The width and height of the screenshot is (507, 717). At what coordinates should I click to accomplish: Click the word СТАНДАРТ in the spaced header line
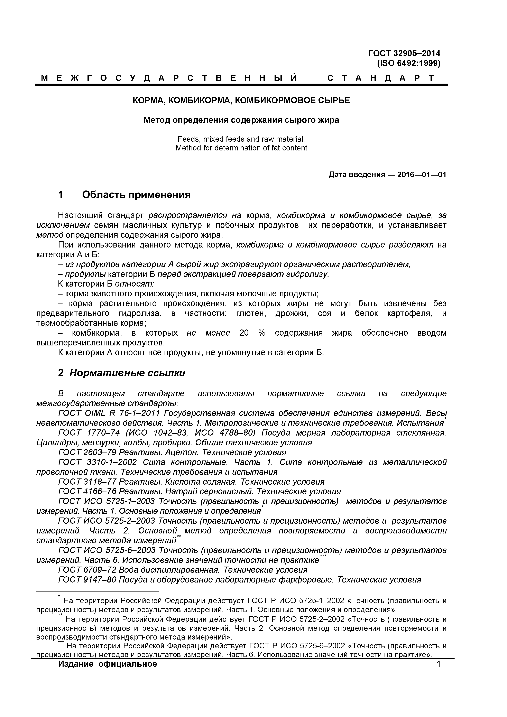tap(380, 78)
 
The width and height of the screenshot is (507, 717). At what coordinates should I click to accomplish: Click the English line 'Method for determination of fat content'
tap(241, 148)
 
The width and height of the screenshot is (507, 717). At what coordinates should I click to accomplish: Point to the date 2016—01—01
tap(422, 175)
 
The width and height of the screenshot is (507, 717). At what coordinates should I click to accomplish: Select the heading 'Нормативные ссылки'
tap(127, 373)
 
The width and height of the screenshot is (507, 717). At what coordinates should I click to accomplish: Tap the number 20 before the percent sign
tap(244, 333)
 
